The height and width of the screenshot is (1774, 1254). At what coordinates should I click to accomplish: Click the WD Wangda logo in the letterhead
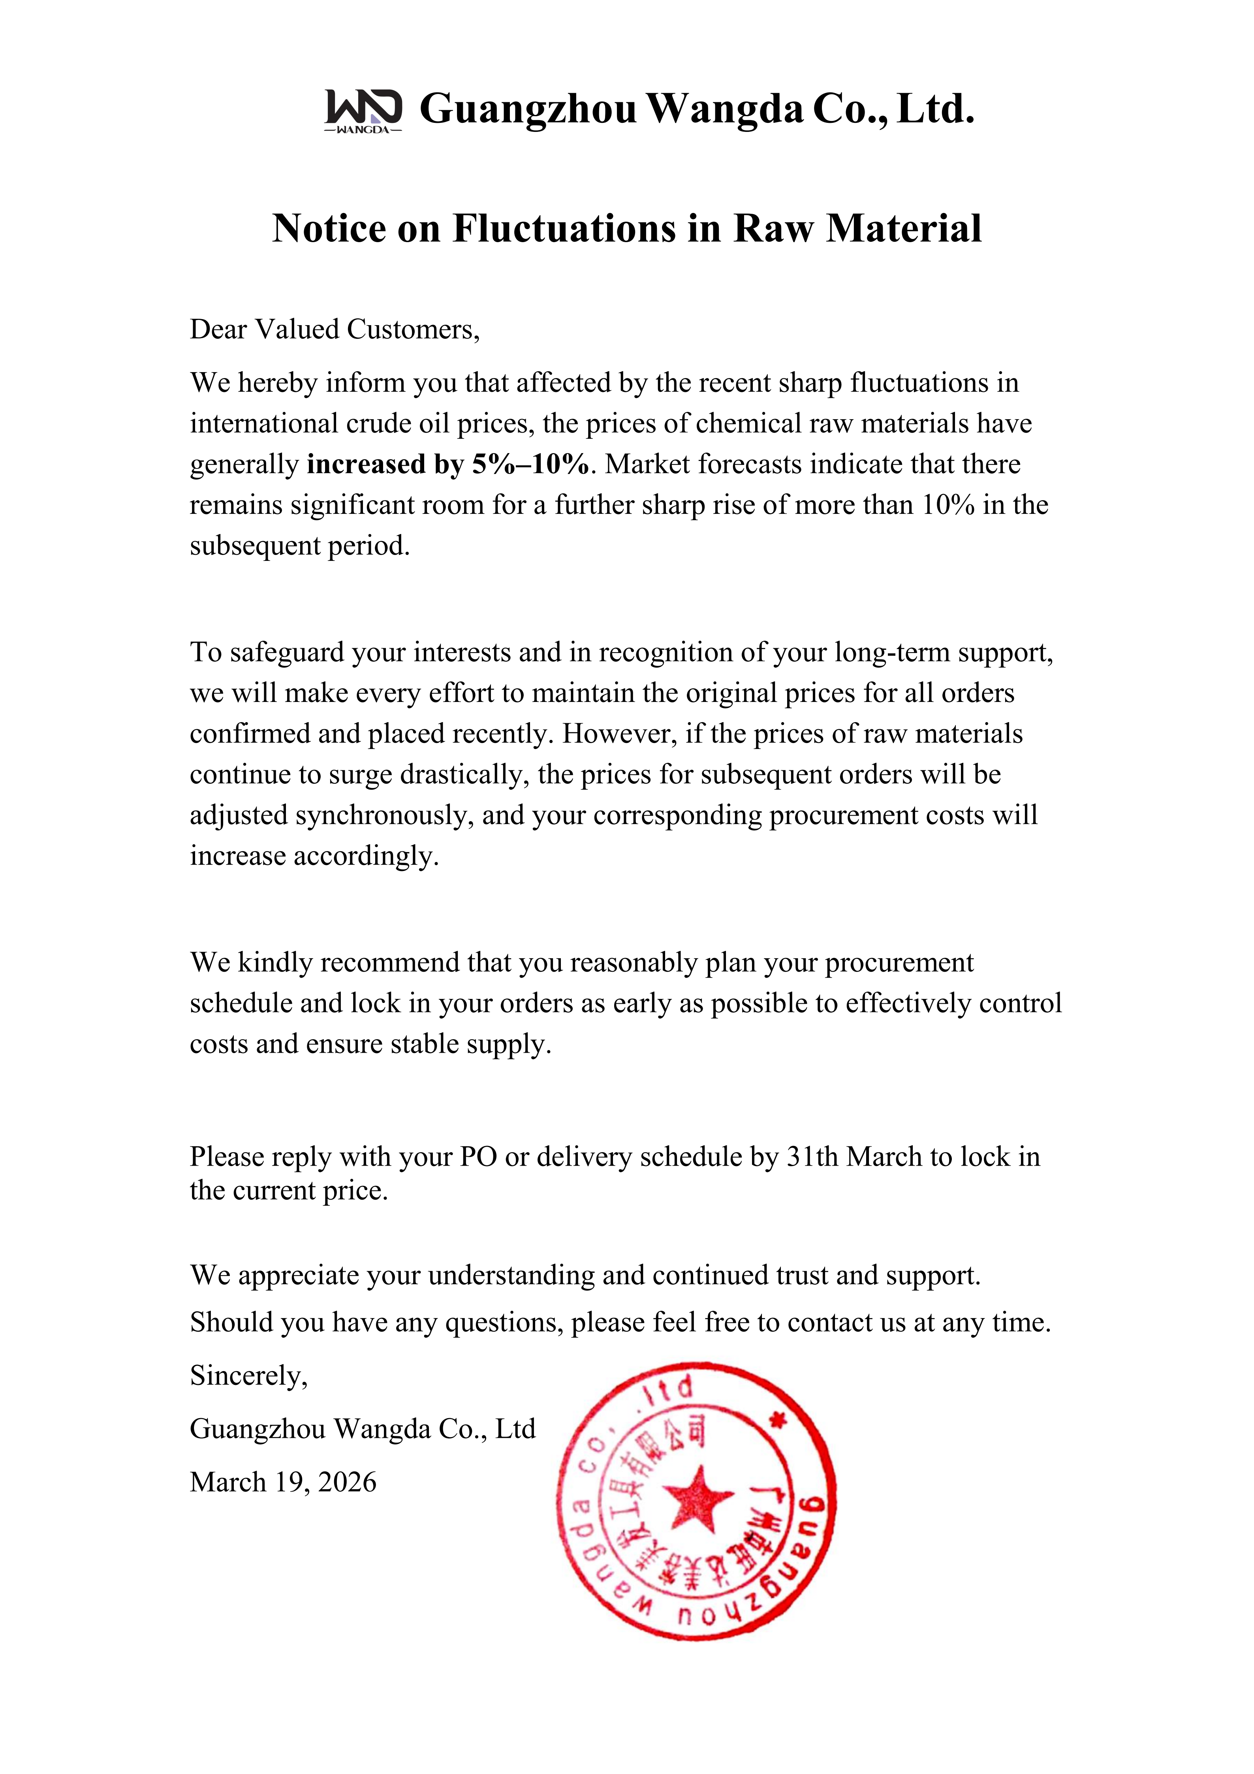363,111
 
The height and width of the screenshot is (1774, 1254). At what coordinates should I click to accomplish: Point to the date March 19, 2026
283,1482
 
